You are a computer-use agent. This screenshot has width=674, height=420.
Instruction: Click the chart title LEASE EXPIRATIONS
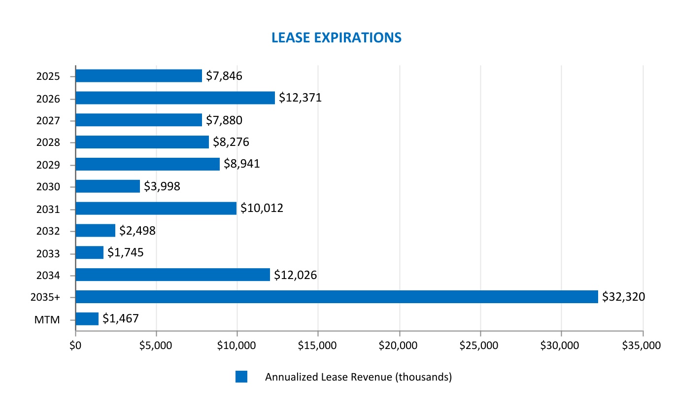pos(337,37)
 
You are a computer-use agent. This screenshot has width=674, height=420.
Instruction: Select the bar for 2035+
pos(337,297)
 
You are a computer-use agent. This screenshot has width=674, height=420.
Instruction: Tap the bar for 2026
pos(175,98)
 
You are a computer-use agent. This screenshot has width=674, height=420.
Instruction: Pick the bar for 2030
pos(107,186)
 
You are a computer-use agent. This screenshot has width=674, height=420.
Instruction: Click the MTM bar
pos(87,319)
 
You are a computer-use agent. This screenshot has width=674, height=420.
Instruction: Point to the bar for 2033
pos(90,252)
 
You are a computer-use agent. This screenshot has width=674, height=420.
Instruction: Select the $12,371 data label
pos(300,98)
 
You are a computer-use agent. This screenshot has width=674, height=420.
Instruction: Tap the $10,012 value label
pos(262,209)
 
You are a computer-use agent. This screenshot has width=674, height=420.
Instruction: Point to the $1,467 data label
pos(120,319)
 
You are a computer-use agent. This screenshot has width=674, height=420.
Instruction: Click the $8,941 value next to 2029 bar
pos(241,164)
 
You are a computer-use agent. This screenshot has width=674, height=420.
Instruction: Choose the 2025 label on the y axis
pos(48,76)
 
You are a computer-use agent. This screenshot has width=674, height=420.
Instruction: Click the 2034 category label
pos(48,276)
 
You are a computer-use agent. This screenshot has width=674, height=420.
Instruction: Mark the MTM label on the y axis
pos(47,320)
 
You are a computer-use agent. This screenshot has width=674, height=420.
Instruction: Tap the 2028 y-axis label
pos(48,143)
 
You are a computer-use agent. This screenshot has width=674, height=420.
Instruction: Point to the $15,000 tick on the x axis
pos(317,346)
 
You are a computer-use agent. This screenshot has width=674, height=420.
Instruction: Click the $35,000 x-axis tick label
pos(641,346)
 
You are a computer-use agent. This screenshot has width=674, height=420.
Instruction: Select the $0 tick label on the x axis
pos(75,346)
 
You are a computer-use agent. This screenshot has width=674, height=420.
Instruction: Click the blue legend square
pos(241,377)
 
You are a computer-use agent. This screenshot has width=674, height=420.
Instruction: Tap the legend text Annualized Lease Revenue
pos(358,377)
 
